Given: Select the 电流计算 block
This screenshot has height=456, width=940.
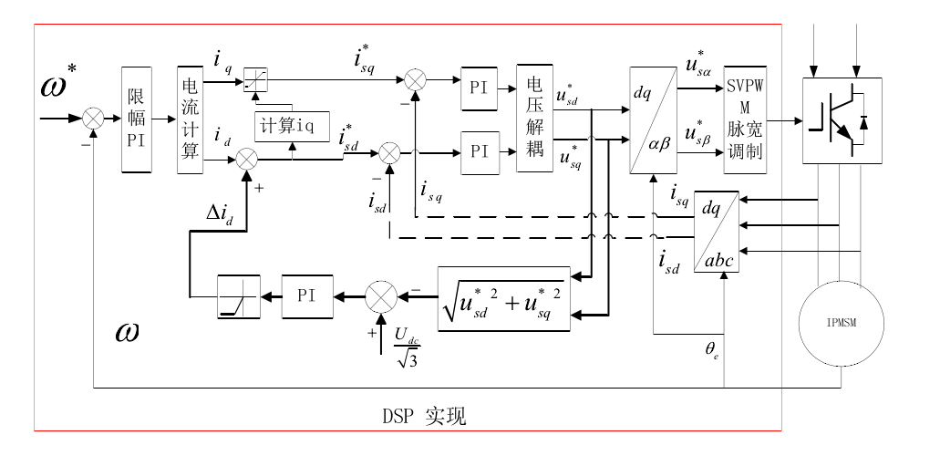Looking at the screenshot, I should (x=190, y=119).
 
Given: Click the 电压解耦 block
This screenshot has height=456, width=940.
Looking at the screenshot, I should (x=534, y=119).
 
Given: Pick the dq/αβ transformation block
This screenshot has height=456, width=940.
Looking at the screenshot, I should (x=653, y=119).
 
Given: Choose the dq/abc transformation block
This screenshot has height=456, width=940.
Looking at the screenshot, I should (x=716, y=232).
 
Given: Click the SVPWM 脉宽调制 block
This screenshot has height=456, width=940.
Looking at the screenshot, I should (x=745, y=119).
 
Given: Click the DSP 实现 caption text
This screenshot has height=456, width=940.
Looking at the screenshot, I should (x=424, y=417).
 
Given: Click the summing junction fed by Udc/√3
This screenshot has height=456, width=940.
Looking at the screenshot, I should (x=378, y=295).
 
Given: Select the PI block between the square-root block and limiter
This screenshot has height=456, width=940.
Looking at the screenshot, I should (x=305, y=295).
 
